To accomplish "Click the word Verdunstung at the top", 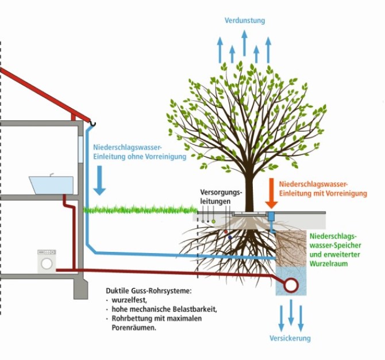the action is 245,21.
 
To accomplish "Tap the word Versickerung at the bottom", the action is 290,338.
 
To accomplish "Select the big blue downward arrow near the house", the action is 99,181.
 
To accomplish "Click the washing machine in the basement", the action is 47,262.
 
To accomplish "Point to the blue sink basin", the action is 52,185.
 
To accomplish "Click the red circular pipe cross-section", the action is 291,285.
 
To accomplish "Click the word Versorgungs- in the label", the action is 221,192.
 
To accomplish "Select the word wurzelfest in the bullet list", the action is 129,300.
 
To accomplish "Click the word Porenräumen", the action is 134,328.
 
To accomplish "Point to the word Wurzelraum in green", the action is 329,263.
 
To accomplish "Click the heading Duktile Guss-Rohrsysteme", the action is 148,291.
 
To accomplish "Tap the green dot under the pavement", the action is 213,221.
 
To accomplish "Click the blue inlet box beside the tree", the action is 271,216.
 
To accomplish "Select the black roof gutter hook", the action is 93,124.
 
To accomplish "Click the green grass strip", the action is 140,209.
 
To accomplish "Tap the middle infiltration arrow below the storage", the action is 291,312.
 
